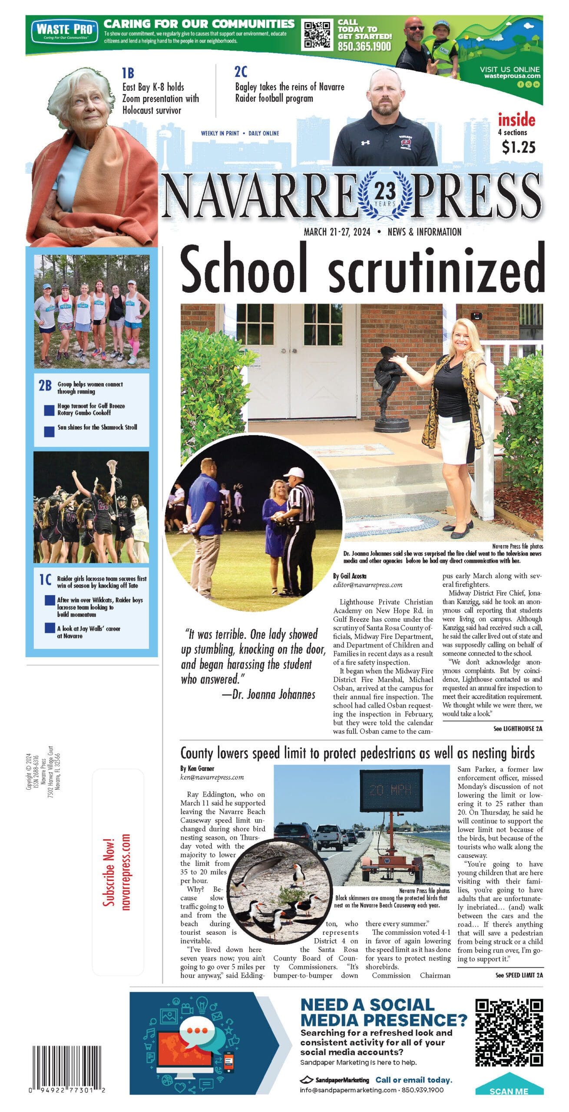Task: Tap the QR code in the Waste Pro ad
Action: [x=316, y=34]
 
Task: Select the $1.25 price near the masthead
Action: [x=518, y=147]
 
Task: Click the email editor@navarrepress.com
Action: [x=367, y=585]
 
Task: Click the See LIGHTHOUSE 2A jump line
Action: [x=518, y=728]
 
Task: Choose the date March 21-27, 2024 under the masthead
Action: [x=337, y=232]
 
